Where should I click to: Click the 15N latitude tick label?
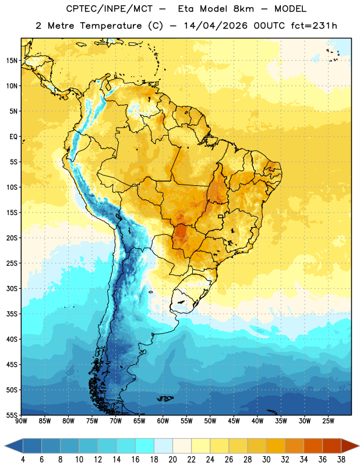click(x=12, y=61)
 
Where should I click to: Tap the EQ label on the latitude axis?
click(x=13, y=137)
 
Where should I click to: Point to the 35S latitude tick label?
click(x=12, y=314)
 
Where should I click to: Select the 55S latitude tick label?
click(x=12, y=415)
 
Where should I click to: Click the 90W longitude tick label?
click(x=22, y=421)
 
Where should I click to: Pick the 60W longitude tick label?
click(x=163, y=421)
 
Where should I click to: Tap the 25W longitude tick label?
click(x=328, y=421)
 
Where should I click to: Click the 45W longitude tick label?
click(x=234, y=421)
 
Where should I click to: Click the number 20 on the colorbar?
click(x=172, y=460)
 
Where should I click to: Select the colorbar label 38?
click(x=341, y=460)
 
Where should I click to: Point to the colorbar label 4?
click(x=23, y=460)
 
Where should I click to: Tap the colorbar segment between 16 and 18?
click(x=145, y=446)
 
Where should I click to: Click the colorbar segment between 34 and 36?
click(x=313, y=446)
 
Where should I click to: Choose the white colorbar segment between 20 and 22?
click(x=182, y=446)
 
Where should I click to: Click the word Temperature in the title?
click(x=111, y=26)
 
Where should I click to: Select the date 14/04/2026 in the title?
click(x=216, y=26)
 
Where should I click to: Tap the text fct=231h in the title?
click(x=314, y=26)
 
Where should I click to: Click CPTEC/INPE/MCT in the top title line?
click(x=110, y=9)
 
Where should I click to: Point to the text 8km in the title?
click(x=243, y=9)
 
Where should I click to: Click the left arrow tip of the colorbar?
click(x=5, y=446)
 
